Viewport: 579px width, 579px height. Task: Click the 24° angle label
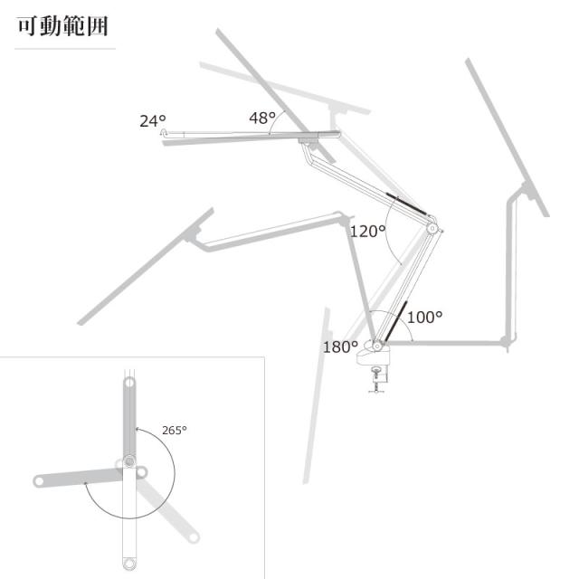coord(153,120)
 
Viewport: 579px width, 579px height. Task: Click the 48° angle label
coord(262,118)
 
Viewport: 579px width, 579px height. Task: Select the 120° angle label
coord(367,232)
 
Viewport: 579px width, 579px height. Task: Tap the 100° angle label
coord(424,317)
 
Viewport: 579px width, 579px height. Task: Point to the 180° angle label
coord(340,346)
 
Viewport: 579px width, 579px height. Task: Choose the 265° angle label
coord(175,431)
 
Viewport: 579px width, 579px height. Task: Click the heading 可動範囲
coord(62,26)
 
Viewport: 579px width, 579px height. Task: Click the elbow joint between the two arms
coord(432,229)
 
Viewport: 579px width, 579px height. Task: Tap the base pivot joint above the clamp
coord(377,346)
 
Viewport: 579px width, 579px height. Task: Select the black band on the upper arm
coord(406,204)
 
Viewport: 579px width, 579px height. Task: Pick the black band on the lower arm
coord(396,321)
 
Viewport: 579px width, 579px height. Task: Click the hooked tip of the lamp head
coord(164,132)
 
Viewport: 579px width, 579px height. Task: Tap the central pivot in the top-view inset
coord(129,461)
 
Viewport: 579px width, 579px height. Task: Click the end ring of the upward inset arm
coord(129,382)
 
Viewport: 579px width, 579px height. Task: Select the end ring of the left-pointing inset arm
coord(39,481)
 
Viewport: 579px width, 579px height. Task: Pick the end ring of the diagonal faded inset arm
coord(193,537)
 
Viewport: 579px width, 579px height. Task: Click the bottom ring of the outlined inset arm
coord(128,564)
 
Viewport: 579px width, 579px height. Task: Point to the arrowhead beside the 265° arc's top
coord(138,429)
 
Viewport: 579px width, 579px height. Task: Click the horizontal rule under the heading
coord(65,48)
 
